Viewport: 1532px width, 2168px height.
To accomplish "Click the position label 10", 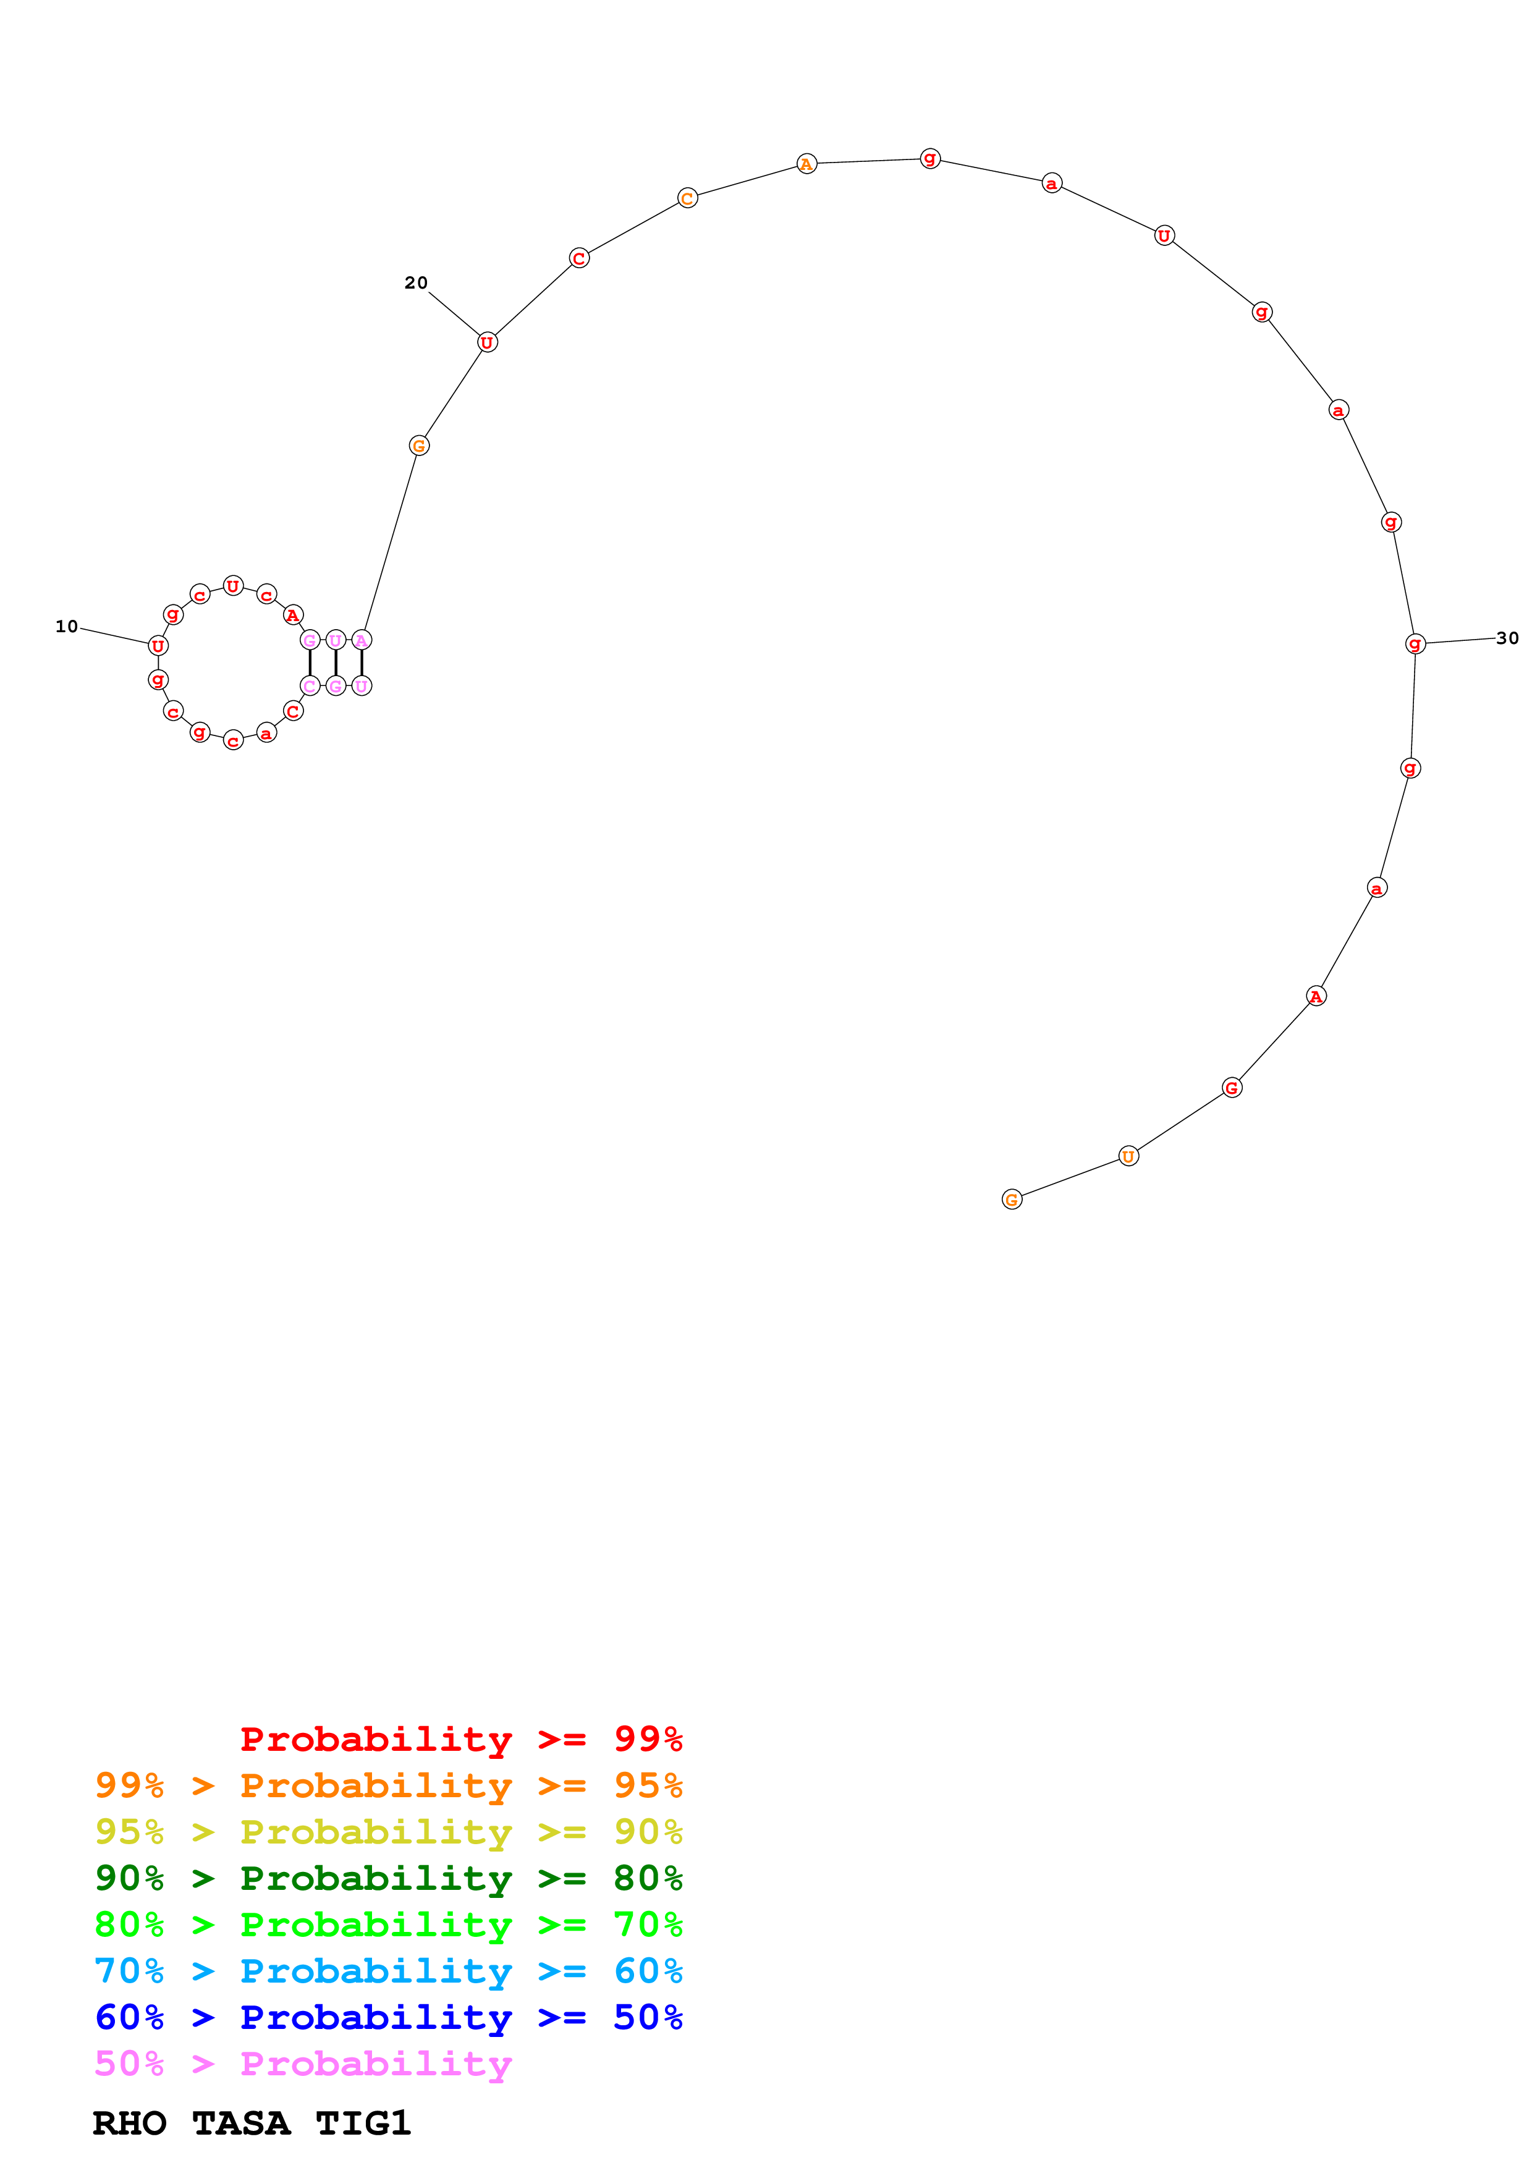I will [x=66, y=626].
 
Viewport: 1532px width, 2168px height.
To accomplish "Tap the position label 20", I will [x=415, y=282].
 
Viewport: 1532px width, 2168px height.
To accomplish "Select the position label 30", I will [x=1507, y=638].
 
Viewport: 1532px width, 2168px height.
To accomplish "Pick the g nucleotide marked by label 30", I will [x=1414, y=644].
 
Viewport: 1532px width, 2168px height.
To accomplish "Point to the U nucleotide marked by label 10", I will [x=158, y=646].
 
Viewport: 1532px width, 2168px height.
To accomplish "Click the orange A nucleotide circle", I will [x=806, y=164].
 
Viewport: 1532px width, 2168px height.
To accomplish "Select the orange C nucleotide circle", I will [x=687, y=198].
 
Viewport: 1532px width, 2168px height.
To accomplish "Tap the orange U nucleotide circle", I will [x=1128, y=1156].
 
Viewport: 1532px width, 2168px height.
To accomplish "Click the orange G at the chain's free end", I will [x=1012, y=1199].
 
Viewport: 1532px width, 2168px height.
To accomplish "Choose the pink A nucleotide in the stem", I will [x=362, y=640].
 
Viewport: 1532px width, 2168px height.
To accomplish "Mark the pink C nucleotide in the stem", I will [x=310, y=685].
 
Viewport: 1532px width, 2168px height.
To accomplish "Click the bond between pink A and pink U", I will [x=362, y=663].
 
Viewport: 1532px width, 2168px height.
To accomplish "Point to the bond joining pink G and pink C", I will [x=310, y=663].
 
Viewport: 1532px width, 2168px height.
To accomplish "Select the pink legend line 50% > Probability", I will [x=303, y=2063].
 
